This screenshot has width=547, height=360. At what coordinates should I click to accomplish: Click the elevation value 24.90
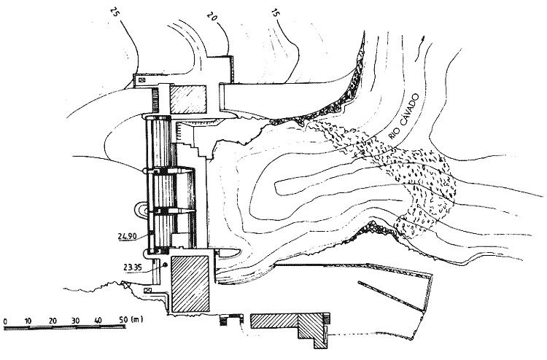[127, 236]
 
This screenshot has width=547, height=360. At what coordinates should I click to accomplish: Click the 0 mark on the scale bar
[5, 320]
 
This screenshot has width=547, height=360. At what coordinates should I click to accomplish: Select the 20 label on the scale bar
[53, 320]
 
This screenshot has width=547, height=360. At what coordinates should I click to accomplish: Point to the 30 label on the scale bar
[76, 320]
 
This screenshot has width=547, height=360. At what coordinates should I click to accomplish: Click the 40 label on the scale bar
[98, 320]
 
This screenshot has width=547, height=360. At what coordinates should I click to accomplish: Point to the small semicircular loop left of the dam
[139, 211]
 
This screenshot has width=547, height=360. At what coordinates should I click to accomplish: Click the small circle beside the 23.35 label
[166, 265]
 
